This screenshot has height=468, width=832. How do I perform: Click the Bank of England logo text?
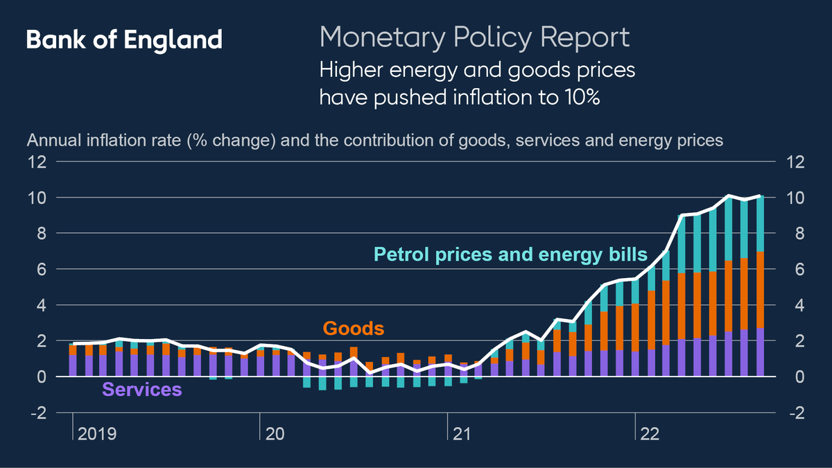point(124,40)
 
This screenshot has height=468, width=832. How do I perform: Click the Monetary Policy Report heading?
point(474,37)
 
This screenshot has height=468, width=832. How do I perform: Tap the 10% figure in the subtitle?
point(578,98)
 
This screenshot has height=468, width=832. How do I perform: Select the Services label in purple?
point(142,390)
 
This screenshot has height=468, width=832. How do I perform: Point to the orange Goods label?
point(354,328)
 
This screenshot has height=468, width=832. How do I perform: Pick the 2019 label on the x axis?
point(97,435)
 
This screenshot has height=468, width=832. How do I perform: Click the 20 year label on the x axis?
point(275,435)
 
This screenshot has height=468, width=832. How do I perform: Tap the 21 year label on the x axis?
point(462,435)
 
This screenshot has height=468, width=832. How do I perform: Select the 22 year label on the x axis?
point(650,435)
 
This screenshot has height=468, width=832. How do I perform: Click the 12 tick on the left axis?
point(37,162)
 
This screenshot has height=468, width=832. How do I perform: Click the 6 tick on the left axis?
point(41,270)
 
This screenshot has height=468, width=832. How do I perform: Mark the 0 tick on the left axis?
point(41,377)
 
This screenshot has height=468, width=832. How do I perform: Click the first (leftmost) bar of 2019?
point(73,361)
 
